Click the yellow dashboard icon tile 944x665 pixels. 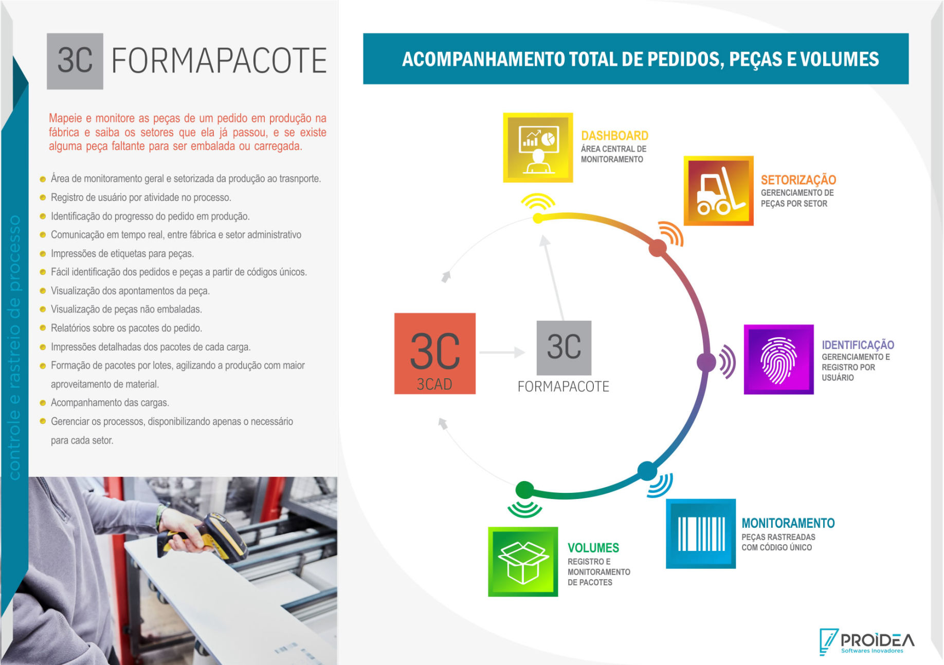[x=538, y=147]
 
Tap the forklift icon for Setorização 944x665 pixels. [x=718, y=191]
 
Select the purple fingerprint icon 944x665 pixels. [x=778, y=359]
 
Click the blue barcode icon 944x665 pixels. [x=701, y=533]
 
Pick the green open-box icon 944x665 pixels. [x=523, y=562]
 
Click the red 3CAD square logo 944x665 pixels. [x=435, y=354]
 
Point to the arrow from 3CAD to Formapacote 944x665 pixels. [x=502, y=352]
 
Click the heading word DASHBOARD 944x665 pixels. [x=614, y=136]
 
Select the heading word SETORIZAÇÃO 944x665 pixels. [x=798, y=180]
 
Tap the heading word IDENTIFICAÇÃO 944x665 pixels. [x=858, y=345]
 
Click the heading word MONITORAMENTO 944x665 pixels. [x=788, y=523]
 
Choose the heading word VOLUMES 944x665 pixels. [x=593, y=548]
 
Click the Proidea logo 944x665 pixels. [x=867, y=641]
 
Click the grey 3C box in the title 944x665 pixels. [x=75, y=61]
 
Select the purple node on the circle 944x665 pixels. [x=706, y=362]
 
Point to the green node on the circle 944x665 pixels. [x=524, y=490]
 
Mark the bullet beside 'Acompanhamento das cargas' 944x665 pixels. [x=43, y=403]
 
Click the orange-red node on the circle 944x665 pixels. [x=657, y=248]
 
